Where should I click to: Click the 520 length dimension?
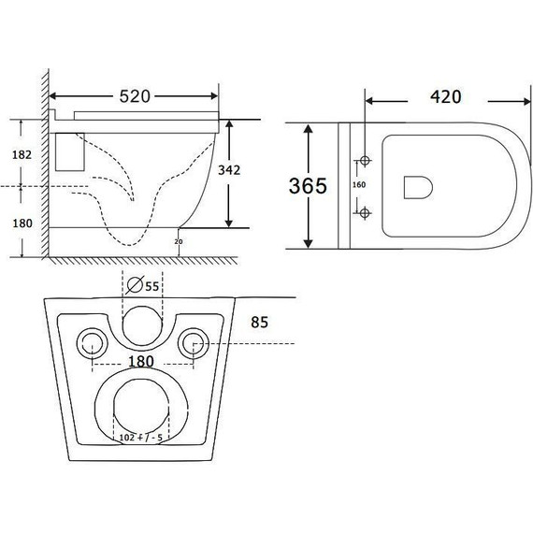coord(137,96)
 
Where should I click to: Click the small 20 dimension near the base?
coord(178,240)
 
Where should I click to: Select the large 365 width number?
coord(308,185)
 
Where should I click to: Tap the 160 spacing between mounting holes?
coord(358,184)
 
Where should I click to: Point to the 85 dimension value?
coord(260,324)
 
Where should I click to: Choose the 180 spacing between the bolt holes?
coord(142,361)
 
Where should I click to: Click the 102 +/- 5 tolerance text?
coord(142,436)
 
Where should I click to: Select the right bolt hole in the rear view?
coord(194,341)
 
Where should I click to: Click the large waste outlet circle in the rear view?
coord(142,408)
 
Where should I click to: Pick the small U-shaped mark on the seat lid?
coord(416,188)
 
